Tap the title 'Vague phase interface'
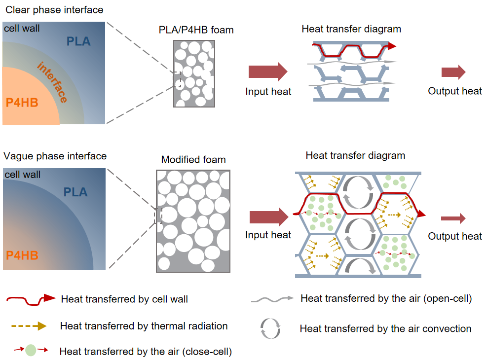[x=55, y=156]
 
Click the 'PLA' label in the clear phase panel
[x=79, y=42]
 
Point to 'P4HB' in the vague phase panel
[x=22, y=255]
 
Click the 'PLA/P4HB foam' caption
[x=193, y=30]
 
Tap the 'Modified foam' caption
[x=193, y=160]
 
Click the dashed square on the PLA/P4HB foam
[x=177, y=79]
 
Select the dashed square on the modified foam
[x=158, y=216]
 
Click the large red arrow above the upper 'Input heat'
[x=267, y=72]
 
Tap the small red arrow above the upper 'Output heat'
[x=453, y=72]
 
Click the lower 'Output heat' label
[x=454, y=236]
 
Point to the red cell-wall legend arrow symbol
[x=30, y=298]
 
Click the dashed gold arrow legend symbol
[x=29, y=325]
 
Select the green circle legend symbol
[x=31, y=351]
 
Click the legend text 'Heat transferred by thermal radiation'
[x=144, y=326]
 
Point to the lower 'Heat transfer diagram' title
[x=355, y=156]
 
